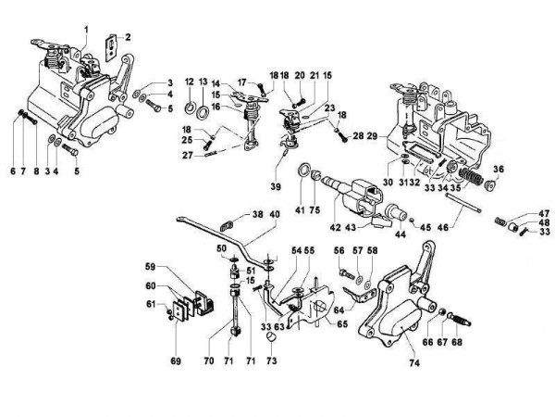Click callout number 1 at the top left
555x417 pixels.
click(x=84, y=29)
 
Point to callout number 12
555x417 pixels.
click(x=188, y=83)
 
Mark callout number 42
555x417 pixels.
click(x=335, y=226)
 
